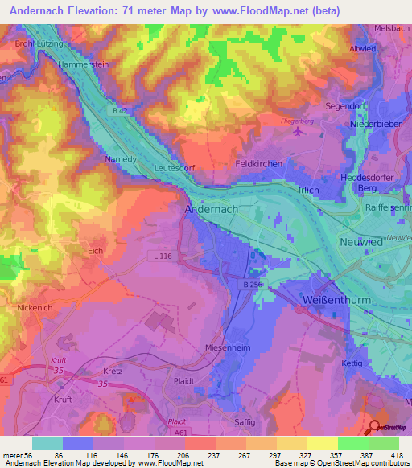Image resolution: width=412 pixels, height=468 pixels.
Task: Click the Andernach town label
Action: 212,208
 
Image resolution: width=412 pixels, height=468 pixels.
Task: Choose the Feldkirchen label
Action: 257,164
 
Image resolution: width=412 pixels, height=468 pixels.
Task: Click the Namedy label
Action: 122,159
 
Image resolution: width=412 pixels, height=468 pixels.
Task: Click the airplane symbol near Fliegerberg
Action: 300,133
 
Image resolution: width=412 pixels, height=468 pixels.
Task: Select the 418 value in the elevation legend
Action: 398,455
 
